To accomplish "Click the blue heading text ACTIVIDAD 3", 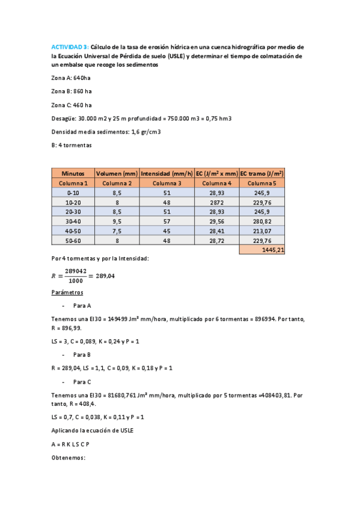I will (70, 46).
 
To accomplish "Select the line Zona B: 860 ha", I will (72, 91).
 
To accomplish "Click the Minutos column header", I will (73, 173).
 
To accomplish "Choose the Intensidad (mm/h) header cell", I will (166, 173).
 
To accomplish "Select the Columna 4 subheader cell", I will (216, 183).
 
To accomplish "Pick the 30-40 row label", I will (73, 221).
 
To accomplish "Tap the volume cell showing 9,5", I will (117, 221).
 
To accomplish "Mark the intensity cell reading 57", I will (166, 221).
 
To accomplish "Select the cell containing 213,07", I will (261, 230).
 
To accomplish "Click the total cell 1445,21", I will (272, 250).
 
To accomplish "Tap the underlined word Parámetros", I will (67, 292).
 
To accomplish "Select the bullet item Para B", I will (82, 354).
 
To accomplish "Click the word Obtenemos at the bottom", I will (69, 457).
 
